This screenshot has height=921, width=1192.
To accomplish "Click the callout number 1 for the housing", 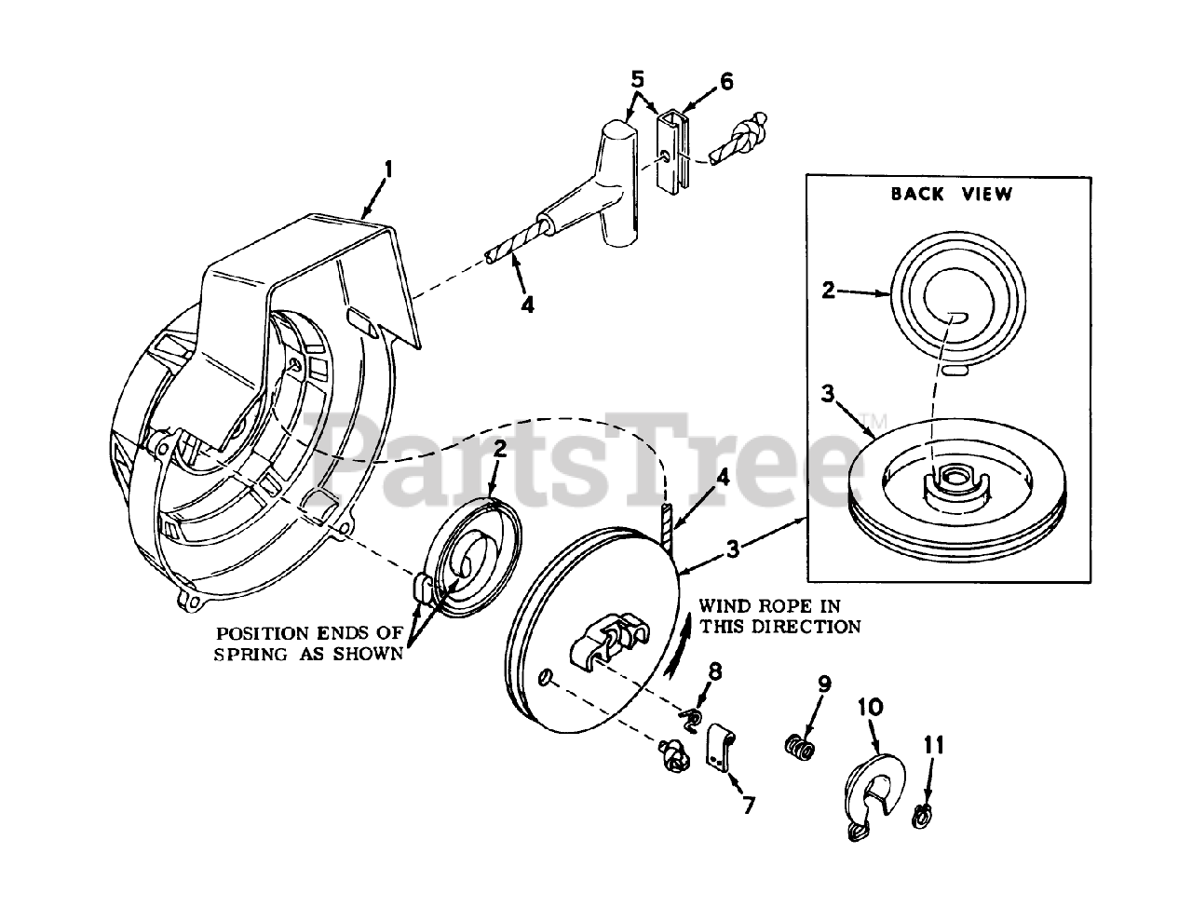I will tap(388, 169).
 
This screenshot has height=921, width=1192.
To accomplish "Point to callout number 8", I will tap(714, 670).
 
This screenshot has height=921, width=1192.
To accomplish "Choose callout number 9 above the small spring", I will tap(824, 683).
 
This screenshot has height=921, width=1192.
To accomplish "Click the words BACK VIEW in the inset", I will tap(951, 194).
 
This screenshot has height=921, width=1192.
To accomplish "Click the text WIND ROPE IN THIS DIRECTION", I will tap(779, 616).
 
